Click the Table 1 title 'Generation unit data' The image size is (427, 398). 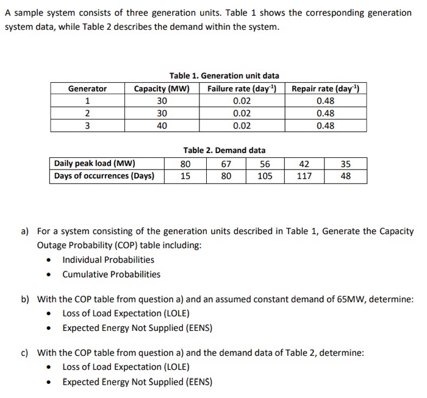pyautogui.click(x=224, y=76)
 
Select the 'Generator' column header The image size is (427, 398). pyautogui.click(x=87, y=89)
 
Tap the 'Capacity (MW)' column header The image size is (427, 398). pyautogui.click(x=162, y=89)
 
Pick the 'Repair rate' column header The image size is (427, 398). pyautogui.click(x=325, y=89)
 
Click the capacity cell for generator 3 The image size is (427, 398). pyautogui.click(x=162, y=126)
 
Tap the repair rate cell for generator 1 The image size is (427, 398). pyautogui.click(x=325, y=101)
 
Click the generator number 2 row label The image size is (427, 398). pyautogui.click(x=87, y=113)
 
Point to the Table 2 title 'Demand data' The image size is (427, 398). pyautogui.click(x=224, y=150)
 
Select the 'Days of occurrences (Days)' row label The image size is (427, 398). pyautogui.click(x=104, y=176)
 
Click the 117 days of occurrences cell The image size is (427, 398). pyautogui.click(x=304, y=176)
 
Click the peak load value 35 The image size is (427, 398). pyautogui.click(x=346, y=163)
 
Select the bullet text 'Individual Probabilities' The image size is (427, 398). pyautogui.click(x=108, y=260)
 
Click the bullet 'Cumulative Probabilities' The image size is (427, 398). pyautogui.click(x=111, y=274)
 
